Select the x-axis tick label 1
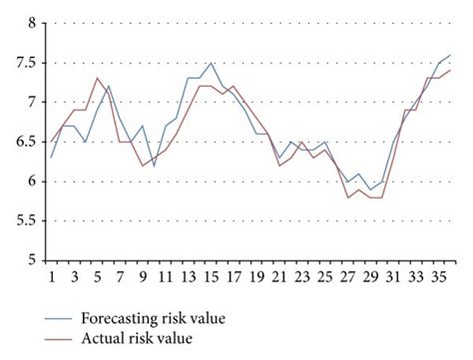[x=52, y=278]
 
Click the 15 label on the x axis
[x=211, y=278]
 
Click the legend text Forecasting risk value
[x=154, y=318]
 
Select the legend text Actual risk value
[x=139, y=338]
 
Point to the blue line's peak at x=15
[x=211, y=63]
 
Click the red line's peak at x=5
[x=97, y=78]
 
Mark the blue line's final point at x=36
[x=449, y=55]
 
